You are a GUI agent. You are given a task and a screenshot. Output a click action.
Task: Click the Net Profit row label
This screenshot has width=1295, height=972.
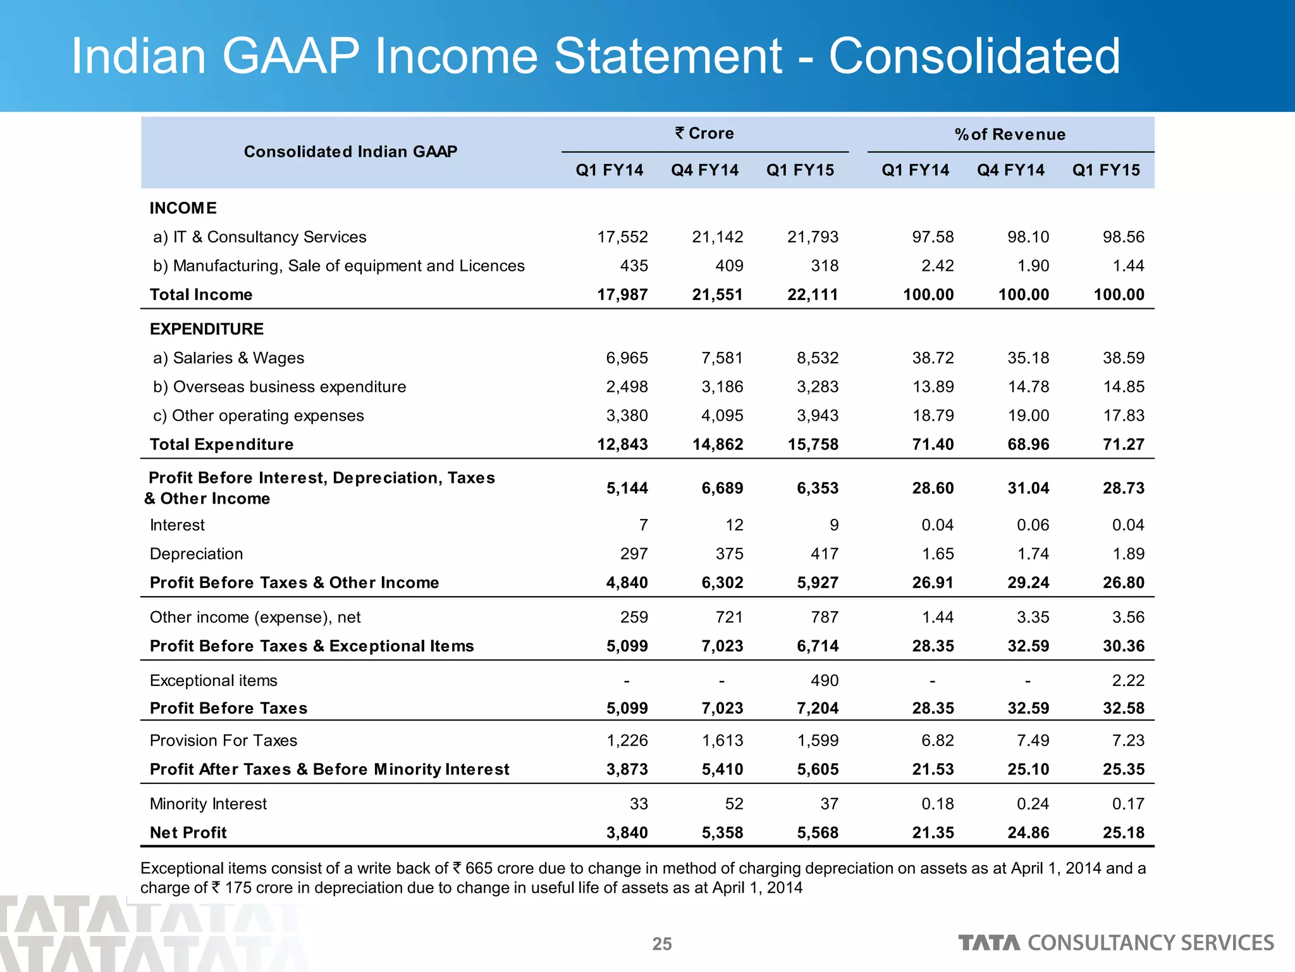point(188,833)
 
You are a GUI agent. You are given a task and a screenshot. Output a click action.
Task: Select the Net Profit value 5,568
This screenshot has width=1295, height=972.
point(818,833)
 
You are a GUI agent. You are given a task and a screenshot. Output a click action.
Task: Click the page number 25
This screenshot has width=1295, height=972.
point(662,944)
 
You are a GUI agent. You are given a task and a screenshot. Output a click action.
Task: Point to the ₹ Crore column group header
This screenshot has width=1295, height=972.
point(704,134)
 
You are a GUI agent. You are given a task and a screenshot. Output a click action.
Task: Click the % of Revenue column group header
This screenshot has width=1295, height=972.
point(1010,134)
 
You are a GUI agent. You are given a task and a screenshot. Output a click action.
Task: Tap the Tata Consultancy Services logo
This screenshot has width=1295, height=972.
point(1115,943)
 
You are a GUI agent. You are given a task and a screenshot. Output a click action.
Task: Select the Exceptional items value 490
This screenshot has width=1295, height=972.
point(825,681)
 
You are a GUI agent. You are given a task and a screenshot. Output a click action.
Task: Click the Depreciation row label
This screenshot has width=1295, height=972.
point(196,554)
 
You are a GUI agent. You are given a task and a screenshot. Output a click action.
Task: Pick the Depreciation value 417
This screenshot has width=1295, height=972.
point(825,554)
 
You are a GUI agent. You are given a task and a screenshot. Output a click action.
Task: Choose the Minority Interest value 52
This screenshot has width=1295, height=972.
point(733,804)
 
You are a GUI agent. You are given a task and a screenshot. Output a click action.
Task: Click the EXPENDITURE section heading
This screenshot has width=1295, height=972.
point(207,329)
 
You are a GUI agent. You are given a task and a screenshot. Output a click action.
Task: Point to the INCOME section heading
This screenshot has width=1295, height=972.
point(183,208)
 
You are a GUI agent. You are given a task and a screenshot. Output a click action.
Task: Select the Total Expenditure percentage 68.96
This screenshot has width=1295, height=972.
point(1028,445)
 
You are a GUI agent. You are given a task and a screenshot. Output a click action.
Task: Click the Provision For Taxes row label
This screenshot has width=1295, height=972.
point(223,741)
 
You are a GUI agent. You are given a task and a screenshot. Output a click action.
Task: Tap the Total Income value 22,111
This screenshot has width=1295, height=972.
point(813,295)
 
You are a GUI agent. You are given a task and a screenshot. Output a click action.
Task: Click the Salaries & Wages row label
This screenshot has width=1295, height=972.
point(228,358)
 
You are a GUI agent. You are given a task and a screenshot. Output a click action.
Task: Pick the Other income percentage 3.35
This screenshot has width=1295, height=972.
point(1033,618)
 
